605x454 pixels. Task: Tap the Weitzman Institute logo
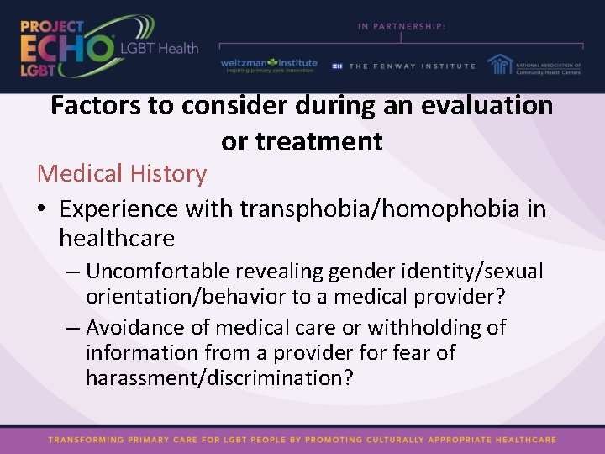(269, 66)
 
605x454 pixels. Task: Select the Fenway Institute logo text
(411, 66)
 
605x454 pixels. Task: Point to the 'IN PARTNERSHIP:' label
(402, 26)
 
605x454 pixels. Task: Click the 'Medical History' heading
(122, 174)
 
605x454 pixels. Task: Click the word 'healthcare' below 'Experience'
(117, 239)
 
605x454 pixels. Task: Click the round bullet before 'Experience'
(43, 209)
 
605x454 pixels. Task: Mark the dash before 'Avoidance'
(72, 327)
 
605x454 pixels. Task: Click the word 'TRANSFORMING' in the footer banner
(86, 439)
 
